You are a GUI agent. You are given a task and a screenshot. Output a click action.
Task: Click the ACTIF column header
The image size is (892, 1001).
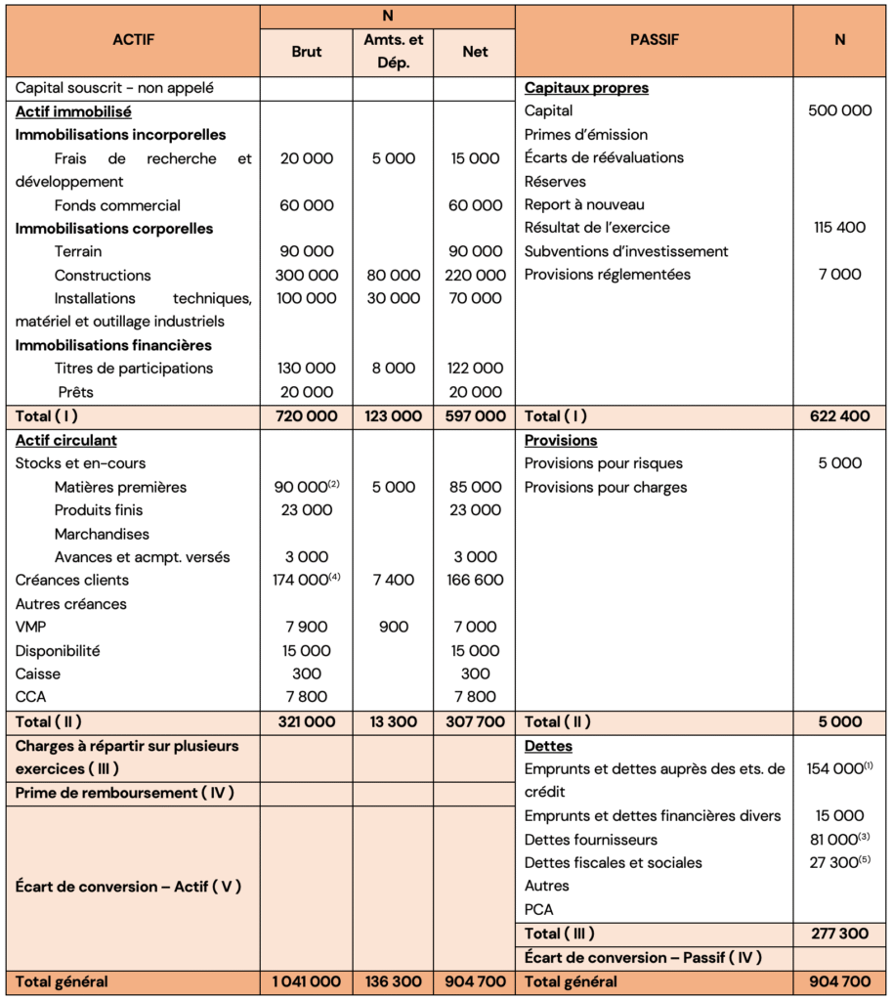pyautogui.click(x=133, y=40)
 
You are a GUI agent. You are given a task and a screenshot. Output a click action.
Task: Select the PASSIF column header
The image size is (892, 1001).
pyautogui.click(x=654, y=40)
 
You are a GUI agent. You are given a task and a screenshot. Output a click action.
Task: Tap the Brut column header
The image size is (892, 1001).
pyautogui.click(x=306, y=52)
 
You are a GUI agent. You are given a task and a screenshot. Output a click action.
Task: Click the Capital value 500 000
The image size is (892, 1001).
pyautogui.click(x=839, y=110)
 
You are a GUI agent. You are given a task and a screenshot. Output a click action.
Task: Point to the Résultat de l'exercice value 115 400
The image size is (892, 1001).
pyautogui.click(x=839, y=228)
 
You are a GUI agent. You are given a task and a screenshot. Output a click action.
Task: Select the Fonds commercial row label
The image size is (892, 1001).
pyautogui.click(x=117, y=205)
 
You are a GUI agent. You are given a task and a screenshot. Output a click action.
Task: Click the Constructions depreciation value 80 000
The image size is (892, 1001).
pyautogui.click(x=393, y=276)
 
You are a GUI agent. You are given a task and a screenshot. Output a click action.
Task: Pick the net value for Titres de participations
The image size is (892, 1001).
pyautogui.click(x=474, y=369)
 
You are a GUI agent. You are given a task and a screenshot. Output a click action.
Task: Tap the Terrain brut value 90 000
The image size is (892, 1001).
pyautogui.click(x=306, y=252)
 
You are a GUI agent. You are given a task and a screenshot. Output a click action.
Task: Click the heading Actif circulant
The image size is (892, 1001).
pyautogui.click(x=66, y=440)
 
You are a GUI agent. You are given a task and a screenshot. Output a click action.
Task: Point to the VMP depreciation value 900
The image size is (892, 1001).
pyautogui.click(x=393, y=627)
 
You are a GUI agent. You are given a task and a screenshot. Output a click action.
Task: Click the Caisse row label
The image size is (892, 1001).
pyautogui.click(x=37, y=674)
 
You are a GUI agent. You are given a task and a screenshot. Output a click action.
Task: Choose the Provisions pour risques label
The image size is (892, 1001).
pyautogui.click(x=603, y=463)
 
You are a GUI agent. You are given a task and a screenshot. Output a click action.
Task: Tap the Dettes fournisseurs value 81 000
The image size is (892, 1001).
pyautogui.click(x=836, y=840)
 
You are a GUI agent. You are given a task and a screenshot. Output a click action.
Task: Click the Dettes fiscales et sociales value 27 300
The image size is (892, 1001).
pyautogui.click(x=836, y=863)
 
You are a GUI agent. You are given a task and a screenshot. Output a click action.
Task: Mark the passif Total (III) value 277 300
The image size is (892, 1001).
pyautogui.click(x=839, y=934)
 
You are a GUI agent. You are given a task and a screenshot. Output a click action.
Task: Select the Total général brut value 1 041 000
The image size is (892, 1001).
pyautogui.click(x=306, y=981)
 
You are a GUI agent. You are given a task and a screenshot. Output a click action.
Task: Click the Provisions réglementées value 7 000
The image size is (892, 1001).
pyautogui.click(x=839, y=275)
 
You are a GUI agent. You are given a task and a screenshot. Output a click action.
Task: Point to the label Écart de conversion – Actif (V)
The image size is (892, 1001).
pyautogui.click(x=128, y=887)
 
